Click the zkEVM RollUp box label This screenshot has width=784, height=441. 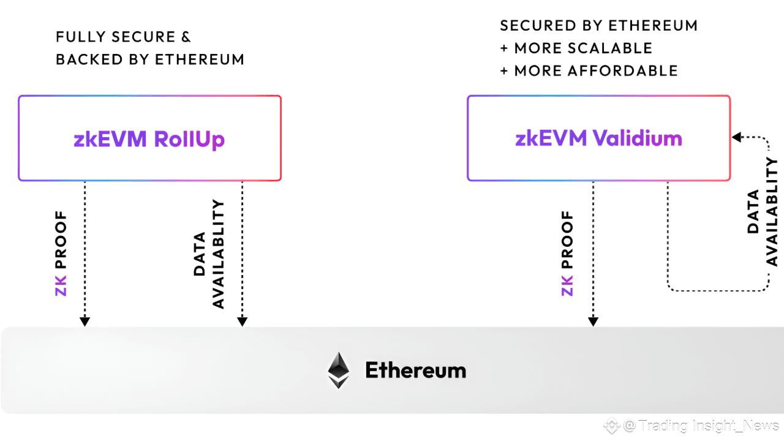click(x=149, y=139)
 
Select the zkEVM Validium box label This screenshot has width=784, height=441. click(x=598, y=138)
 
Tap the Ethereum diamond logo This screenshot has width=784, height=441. click(x=339, y=370)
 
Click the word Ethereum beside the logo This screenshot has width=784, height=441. click(x=415, y=370)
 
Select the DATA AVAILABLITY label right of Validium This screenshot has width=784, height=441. click(x=763, y=211)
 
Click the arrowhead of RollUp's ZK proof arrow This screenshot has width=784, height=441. click(x=85, y=321)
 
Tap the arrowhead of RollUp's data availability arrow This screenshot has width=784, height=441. click(x=242, y=321)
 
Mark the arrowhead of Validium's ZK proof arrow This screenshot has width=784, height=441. click(x=593, y=321)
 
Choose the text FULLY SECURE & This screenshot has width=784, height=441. click(x=123, y=37)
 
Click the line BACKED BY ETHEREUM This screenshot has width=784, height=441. click(x=150, y=59)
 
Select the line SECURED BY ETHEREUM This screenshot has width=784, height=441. click(x=598, y=26)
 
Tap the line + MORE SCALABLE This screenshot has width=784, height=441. click(x=576, y=48)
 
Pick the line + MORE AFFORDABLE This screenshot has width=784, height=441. click(x=589, y=71)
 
